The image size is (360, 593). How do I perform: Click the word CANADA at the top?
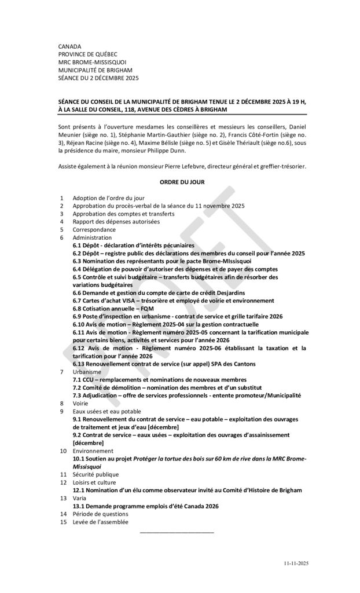tap(70, 46)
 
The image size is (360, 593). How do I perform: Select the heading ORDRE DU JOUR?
tap(182, 182)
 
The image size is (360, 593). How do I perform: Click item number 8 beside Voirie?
tap(61, 402)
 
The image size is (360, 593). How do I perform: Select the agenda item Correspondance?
tap(94, 229)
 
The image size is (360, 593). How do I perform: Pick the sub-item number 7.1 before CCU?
tap(77, 379)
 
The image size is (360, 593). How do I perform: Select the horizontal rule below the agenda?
tap(177, 532)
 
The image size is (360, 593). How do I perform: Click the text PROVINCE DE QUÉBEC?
tap(88, 54)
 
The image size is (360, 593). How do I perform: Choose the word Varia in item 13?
tap(80, 497)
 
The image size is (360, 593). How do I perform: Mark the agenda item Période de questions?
tap(100, 514)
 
